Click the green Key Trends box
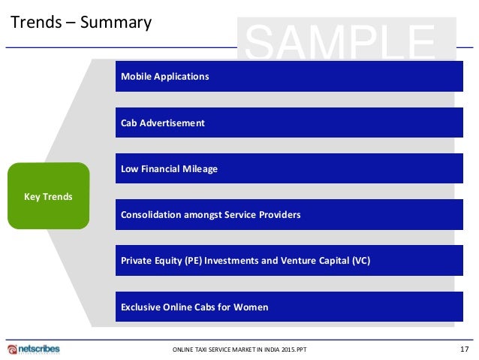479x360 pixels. click(x=48, y=196)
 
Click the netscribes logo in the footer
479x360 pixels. click(x=34, y=349)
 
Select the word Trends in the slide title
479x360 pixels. click(x=34, y=23)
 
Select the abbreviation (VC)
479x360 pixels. click(x=359, y=261)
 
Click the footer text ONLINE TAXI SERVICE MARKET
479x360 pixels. click(x=218, y=350)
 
